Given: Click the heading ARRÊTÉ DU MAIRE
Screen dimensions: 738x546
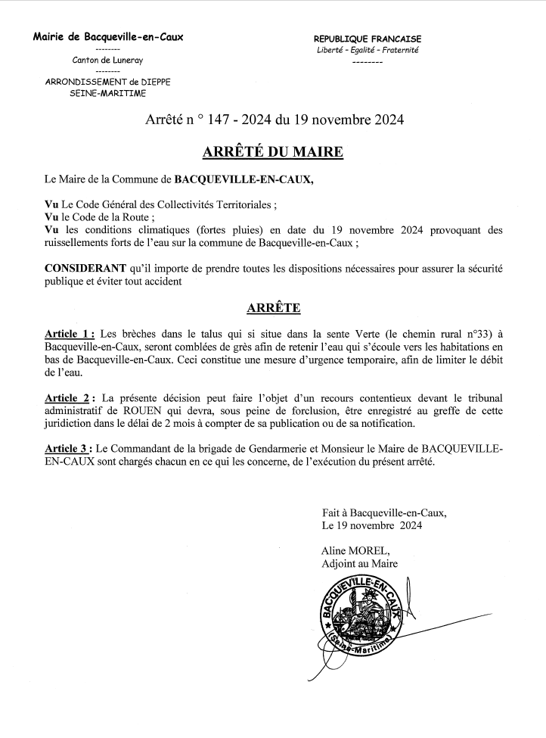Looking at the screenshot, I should (273, 152).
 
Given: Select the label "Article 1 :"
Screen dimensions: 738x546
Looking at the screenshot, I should (70, 334).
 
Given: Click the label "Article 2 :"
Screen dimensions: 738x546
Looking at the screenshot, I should (70, 398).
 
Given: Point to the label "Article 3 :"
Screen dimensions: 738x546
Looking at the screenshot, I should (70, 450).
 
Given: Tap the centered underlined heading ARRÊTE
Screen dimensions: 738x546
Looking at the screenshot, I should (273, 308).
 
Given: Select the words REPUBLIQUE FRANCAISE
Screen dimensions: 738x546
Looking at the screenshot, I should (368, 39).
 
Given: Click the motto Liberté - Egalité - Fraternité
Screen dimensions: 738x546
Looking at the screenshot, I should (368, 50).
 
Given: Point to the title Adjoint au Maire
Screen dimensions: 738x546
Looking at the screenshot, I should (359, 564).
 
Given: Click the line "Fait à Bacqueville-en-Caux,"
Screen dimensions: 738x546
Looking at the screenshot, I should (384, 512).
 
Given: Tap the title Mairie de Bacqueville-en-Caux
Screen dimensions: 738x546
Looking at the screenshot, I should (107, 36).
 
